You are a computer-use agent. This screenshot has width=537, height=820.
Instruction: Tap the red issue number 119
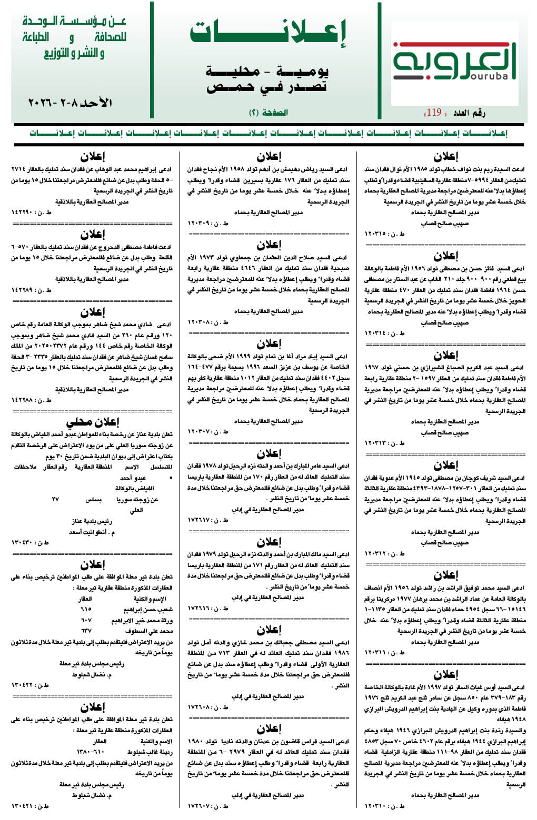(x=434, y=112)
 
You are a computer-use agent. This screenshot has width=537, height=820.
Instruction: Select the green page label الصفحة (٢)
(x=268, y=113)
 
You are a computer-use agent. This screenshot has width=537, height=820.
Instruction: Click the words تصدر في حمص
(x=267, y=87)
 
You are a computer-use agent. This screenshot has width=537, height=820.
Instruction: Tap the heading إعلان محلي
(x=92, y=422)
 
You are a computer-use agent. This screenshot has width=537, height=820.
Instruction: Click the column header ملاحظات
(x=25, y=467)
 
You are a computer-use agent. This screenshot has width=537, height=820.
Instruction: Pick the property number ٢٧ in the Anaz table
(x=55, y=499)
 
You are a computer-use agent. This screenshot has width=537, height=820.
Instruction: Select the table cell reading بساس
(x=93, y=499)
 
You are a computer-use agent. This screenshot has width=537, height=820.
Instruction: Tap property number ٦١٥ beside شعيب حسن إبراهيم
(x=86, y=610)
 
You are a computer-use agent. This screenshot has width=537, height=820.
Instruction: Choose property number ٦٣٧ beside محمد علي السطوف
(x=86, y=631)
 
